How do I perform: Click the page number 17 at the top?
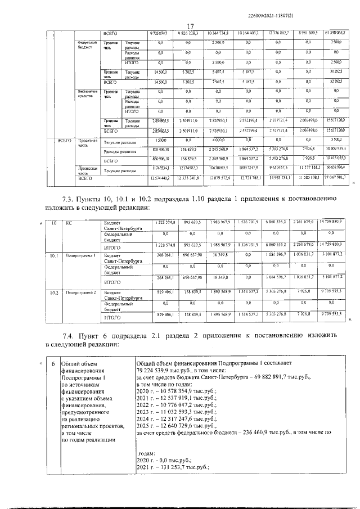190,25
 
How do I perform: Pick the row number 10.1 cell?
54,255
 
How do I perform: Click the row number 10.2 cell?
54,292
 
